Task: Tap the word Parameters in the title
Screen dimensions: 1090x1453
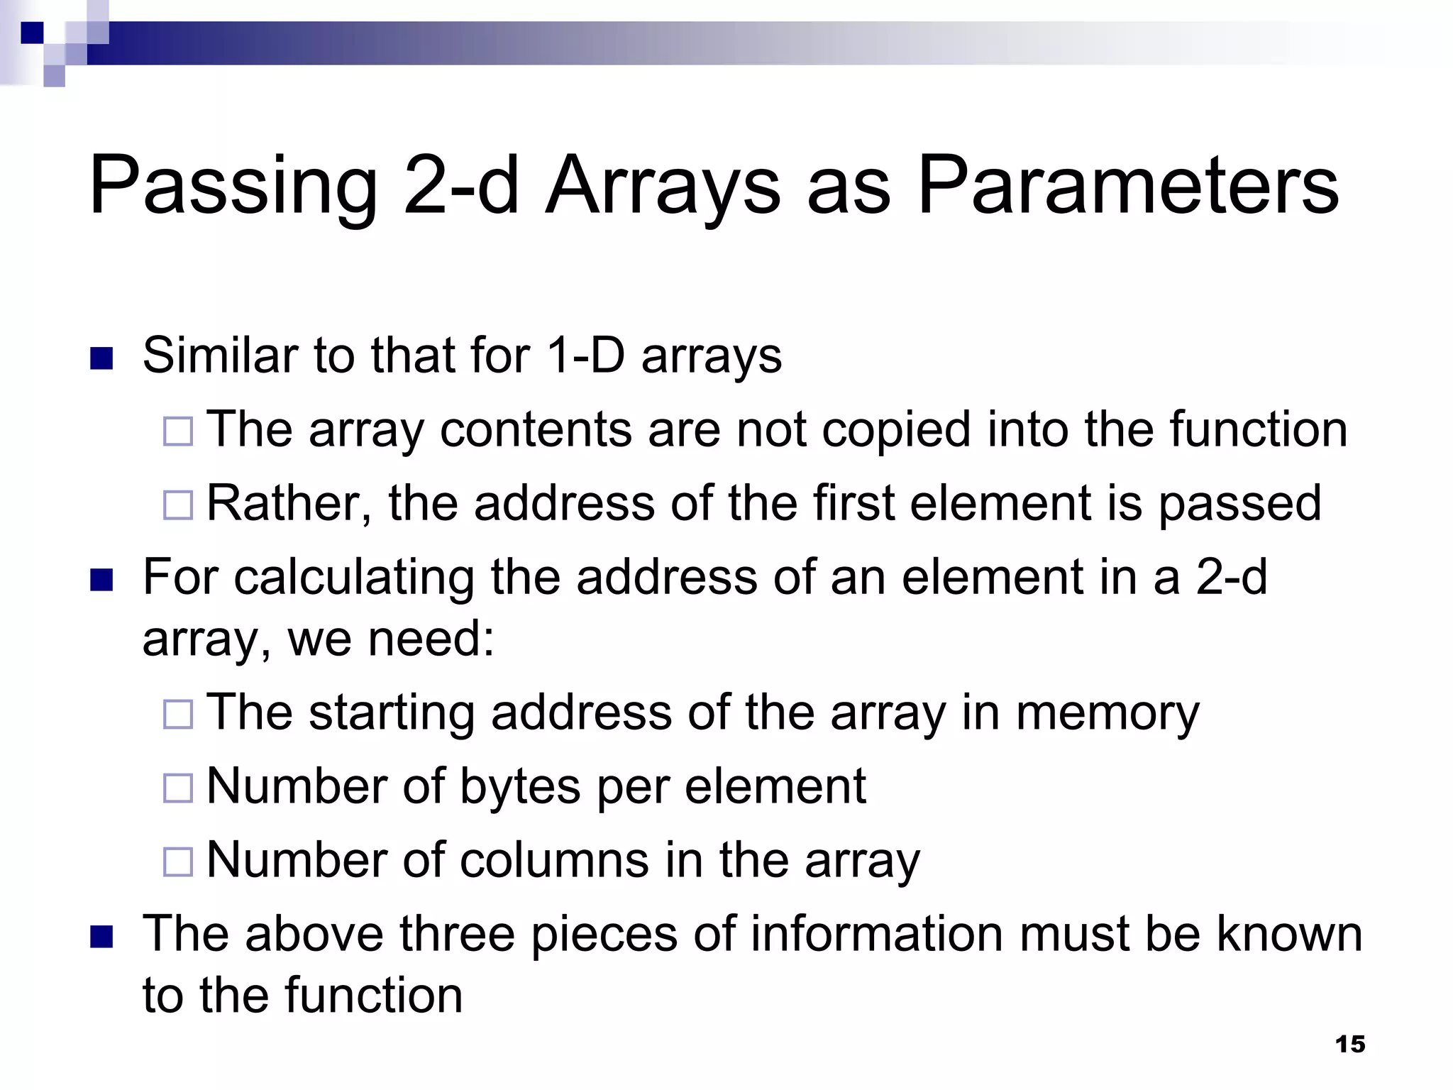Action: pyautogui.click(x=1128, y=186)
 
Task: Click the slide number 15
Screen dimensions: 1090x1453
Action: pyautogui.click(x=1349, y=1044)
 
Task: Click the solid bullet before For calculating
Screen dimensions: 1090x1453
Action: pyautogui.click(x=102, y=580)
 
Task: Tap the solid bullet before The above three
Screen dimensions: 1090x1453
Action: pyautogui.click(x=102, y=937)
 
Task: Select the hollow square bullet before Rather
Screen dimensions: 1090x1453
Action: pyautogui.click(x=178, y=505)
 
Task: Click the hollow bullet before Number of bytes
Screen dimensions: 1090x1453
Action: pyautogui.click(x=178, y=788)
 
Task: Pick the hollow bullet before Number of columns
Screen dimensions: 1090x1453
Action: pyautogui.click(x=178, y=861)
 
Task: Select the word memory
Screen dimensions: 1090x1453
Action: pyautogui.click(x=1107, y=713)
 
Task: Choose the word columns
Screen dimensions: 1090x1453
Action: pyautogui.click(x=553, y=860)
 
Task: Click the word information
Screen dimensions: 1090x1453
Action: pyautogui.click(x=877, y=934)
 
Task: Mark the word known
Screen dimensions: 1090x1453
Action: pyautogui.click(x=1289, y=934)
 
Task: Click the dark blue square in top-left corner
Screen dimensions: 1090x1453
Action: pyautogui.click(x=32, y=33)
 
